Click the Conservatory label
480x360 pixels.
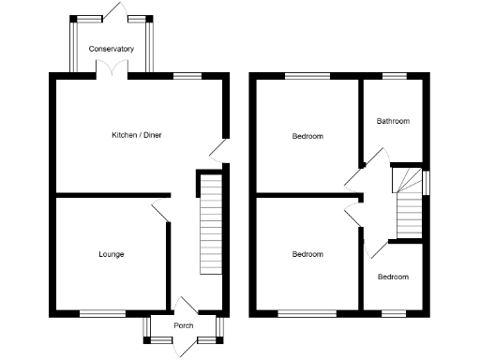click(x=111, y=48)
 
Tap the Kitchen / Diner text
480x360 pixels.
click(x=136, y=136)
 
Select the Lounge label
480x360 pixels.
click(x=112, y=254)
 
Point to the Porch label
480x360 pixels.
click(x=184, y=325)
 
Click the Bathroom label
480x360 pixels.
click(x=393, y=121)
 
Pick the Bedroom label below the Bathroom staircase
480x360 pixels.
click(x=393, y=277)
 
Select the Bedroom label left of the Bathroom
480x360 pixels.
click(x=307, y=136)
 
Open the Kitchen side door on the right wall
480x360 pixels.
click(x=217, y=150)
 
